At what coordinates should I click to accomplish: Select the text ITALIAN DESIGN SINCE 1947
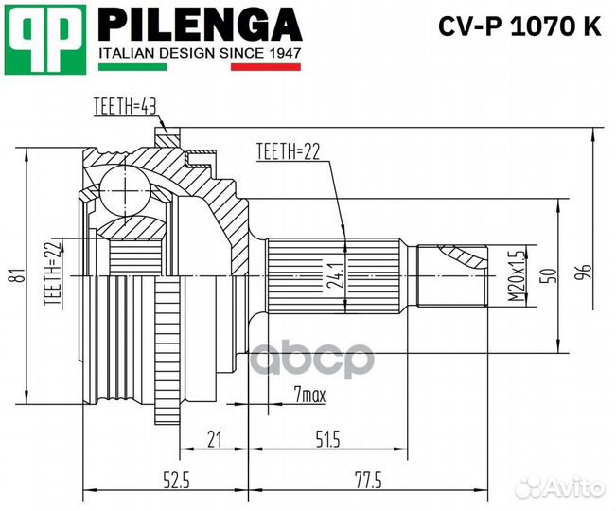point(200,54)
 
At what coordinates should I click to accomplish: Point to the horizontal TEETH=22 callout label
point(288,150)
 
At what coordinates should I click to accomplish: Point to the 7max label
point(308,396)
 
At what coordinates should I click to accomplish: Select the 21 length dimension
point(213,439)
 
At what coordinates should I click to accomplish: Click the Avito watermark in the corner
point(562,485)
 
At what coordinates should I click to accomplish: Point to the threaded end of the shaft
point(452,274)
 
